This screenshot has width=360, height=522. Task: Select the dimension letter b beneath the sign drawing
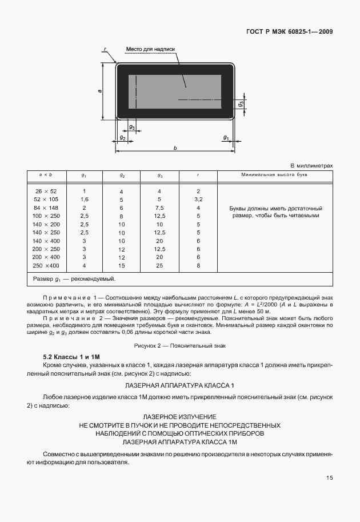[x=175, y=148]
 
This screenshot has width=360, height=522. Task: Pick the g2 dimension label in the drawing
[x=122, y=138]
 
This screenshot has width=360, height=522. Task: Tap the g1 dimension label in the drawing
[x=226, y=138]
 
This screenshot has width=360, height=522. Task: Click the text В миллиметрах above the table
[x=311, y=165]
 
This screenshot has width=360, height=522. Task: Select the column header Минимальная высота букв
[x=275, y=174]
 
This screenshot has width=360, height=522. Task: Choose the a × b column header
[x=46, y=174]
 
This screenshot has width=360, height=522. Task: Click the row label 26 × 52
[x=46, y=191]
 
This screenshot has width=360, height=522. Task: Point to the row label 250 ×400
[x=46, y=266]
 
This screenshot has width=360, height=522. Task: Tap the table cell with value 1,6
[x=84, y=200]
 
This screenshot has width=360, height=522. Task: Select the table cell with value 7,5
[x=159, y=208]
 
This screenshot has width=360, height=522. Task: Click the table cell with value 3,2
[x=198, y=200]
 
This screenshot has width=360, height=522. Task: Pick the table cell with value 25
[x=159, y=266]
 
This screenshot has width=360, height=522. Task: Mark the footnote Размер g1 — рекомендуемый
[x=74, y=279]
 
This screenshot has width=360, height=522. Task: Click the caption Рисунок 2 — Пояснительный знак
[x=180, y=345]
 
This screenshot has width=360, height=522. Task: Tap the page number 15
[x=329, y=478]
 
